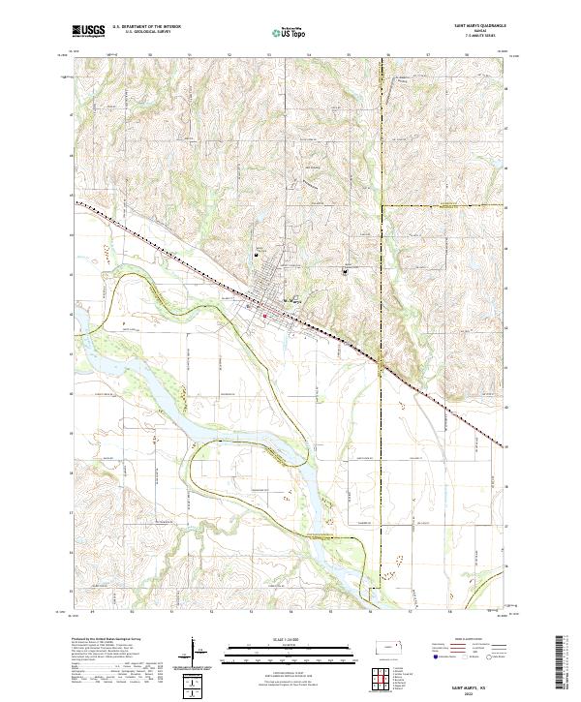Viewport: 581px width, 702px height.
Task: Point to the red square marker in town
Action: pyautogui.click(x=264, y=315)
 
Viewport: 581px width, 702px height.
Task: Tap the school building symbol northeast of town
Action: pyautogui.click(x=345, y=272)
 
